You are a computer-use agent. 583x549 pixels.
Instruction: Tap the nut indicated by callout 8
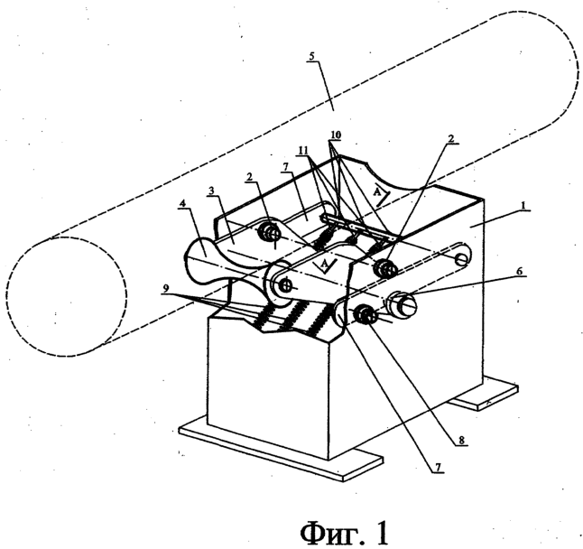click(365, 314)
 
